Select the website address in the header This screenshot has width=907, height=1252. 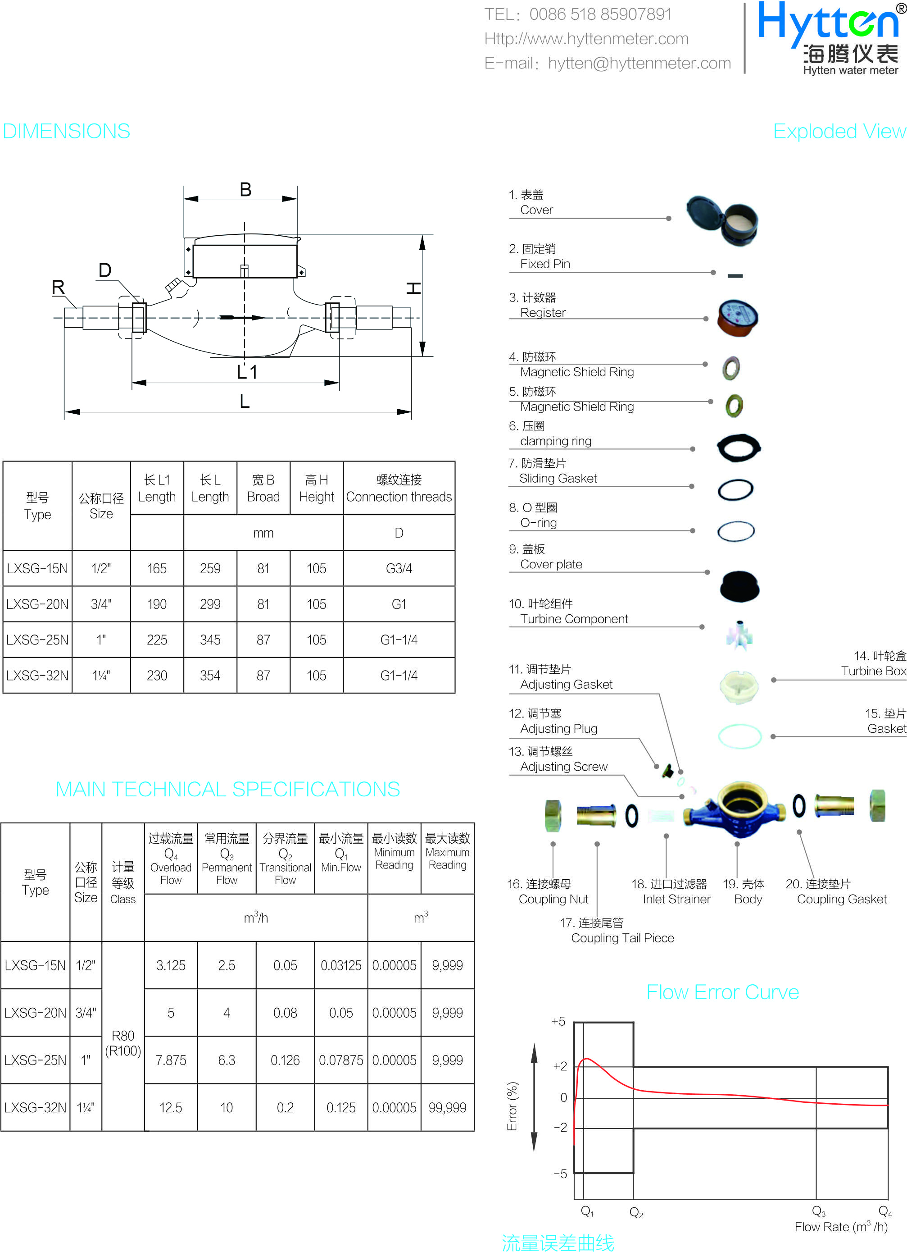point(586,39)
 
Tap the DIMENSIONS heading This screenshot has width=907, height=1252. point(66,132)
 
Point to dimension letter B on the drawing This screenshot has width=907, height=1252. point(245,190)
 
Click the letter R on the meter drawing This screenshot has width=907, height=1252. point(58,287)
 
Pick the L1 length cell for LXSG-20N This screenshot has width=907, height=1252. point(157,604)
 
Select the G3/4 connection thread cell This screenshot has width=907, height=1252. point(399,569)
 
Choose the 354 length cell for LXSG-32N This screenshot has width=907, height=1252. point(210,675)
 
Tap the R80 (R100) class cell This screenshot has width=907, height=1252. point(123,1043)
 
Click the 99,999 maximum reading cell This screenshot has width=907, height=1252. point(448,1107)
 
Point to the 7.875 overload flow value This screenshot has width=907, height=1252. point(171,1060)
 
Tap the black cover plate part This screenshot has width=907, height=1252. point(740,586)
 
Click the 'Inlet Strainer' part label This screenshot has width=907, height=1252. point(676,899)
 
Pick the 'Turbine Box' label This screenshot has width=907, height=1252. point(873,671)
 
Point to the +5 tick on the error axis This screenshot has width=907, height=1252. point(558,1021)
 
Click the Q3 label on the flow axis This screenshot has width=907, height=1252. point(819,1211)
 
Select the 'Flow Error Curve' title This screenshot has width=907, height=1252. point(722,992)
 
